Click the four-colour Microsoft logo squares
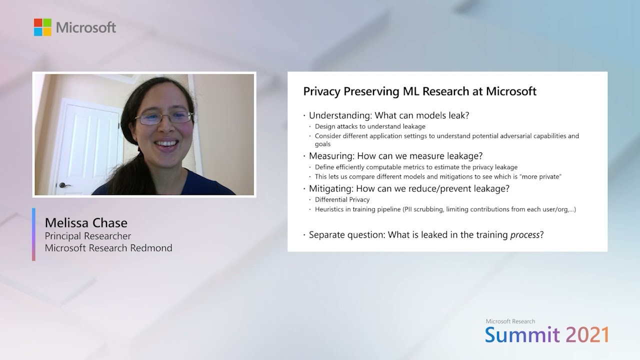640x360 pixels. pos(42,27)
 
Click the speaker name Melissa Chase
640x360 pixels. pos(86,222)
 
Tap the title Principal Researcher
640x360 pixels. pos(88,236)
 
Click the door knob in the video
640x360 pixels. pos(63,185)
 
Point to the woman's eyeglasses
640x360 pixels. pos(164,118)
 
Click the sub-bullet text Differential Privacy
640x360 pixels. pos(342,199)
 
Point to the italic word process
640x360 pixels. pos(524,234)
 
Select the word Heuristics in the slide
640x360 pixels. pos(331,209)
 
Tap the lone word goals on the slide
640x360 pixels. pos(322,144)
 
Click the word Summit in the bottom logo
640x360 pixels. pos(522,334)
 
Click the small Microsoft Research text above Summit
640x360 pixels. pos(510,321)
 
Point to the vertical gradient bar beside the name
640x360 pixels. pos(33,234)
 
